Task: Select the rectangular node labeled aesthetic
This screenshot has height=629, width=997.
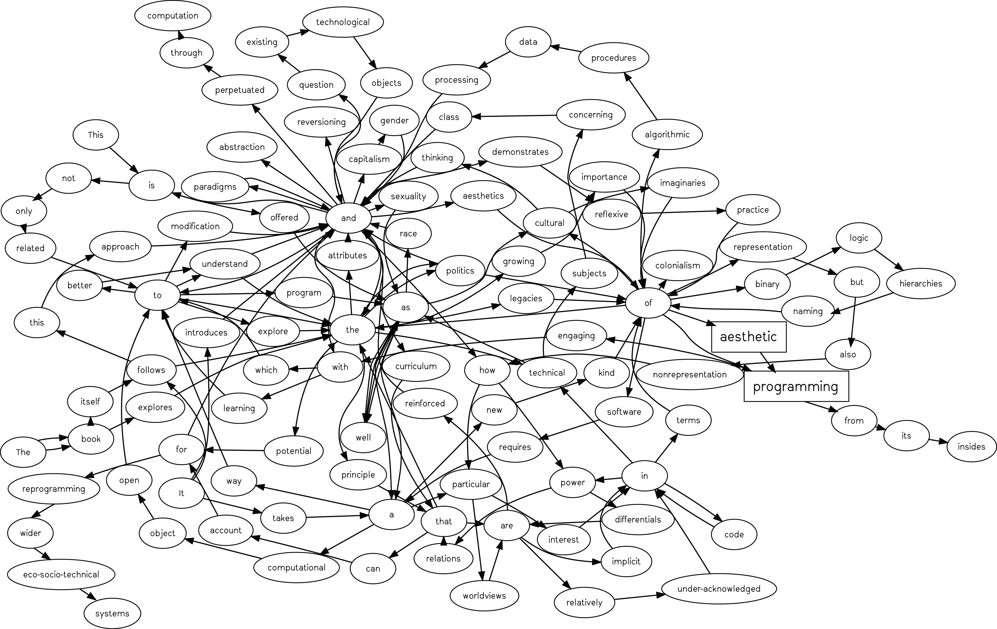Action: (x=749, y=337)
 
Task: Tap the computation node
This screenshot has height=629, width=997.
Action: (x=173, y=16)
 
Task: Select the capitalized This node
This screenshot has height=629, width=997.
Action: (x=96, y=135)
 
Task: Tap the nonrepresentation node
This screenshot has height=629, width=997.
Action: (x=690, y=375)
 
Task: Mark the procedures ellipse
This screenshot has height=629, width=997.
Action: (x=614, y=58)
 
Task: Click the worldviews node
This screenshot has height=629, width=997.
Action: (x=484, y=596)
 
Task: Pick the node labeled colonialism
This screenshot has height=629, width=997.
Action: (x=678, y=266)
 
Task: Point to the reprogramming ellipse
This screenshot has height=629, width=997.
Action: (x=54, y=489)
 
